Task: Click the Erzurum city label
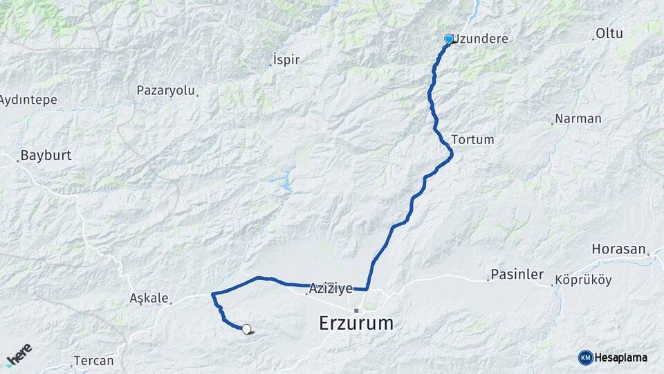356,323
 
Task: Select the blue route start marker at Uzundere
449,39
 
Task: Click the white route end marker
246,329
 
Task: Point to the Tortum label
473,139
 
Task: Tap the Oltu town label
609,34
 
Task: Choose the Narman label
578,118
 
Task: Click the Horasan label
618,249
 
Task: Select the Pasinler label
517,275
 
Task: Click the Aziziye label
331,288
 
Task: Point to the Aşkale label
149,299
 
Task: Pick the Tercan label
95,361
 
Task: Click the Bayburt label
46,155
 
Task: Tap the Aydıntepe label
28,100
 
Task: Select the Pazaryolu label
167,91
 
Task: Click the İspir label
286,60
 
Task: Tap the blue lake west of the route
283,181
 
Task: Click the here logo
19,355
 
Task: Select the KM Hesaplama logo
613,357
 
